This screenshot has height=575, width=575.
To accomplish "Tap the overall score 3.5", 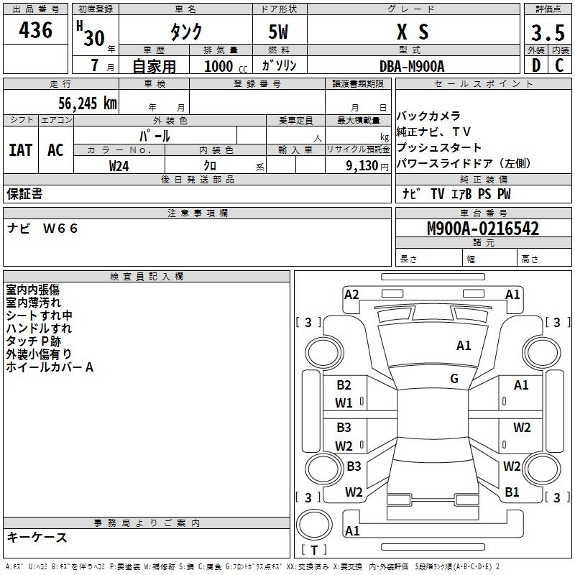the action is [x=546, y=33].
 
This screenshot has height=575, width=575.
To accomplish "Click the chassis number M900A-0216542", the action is [x=483, y=229].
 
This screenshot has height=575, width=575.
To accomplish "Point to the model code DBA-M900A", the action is [x=412, y=66].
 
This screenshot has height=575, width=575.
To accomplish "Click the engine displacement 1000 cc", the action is [x=224, y=66].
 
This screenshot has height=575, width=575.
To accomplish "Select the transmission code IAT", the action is [x=20, y=150].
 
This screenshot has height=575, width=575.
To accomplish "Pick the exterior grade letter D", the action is [x=535, y=66].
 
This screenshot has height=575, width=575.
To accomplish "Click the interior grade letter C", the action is [x=559, y=66].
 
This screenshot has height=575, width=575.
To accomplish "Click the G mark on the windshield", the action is [x=454, y=379].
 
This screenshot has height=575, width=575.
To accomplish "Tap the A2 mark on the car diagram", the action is [x=351, y=294].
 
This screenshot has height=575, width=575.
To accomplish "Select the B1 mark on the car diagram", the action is [x=512, y=492].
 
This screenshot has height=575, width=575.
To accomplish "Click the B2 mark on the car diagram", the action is [x=344, y=385].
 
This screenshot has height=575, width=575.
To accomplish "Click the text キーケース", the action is [x=37, y=538].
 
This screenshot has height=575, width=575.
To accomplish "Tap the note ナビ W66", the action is [x=42, y=229].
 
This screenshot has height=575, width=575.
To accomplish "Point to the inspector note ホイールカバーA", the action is [x=50, y=367].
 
